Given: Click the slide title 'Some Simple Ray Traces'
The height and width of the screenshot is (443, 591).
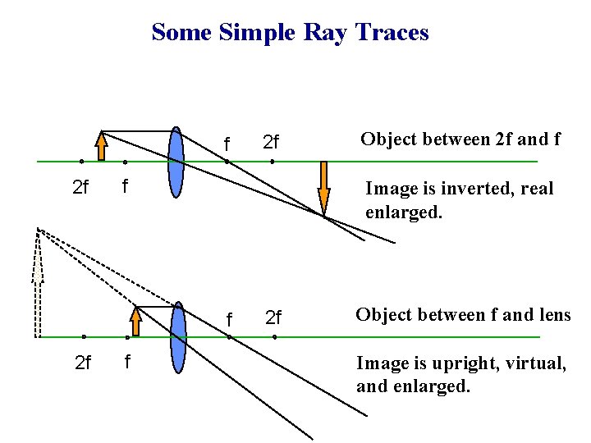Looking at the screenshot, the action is (x=290, y=33).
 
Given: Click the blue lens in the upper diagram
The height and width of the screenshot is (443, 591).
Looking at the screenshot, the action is (x=176, y=162).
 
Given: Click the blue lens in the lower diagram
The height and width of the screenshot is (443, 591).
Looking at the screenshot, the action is (x=178, y=337).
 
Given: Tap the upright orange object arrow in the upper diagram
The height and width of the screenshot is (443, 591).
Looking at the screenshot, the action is (x=102, y=146).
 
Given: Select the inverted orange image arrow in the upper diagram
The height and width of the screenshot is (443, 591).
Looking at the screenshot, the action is (x=324, y=188).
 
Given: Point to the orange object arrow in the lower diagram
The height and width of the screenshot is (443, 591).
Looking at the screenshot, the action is (x=135, y=321).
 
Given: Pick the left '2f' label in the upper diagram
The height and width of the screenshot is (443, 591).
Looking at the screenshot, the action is (x=80, y=188).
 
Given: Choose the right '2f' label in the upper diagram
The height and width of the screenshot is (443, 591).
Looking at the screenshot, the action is (x=271, y=144).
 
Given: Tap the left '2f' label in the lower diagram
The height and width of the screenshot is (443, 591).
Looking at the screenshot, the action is (x=83, y=362).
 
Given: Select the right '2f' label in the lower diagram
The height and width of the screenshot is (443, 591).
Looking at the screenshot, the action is (x=273, y=317).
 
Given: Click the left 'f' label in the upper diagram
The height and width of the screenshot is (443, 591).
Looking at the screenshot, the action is (x=125, y=186).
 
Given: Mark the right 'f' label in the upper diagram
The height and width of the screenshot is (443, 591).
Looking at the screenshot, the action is (x=227, y=144).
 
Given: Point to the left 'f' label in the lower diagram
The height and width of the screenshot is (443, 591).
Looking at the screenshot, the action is (x=126, y=361).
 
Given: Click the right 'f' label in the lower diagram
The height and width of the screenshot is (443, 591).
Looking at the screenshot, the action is (x=229, y=318).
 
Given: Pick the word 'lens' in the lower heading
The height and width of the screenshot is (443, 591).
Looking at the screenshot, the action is (x=552, y=315).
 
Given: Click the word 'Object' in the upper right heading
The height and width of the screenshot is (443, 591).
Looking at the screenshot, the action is (x=391, y=139).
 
